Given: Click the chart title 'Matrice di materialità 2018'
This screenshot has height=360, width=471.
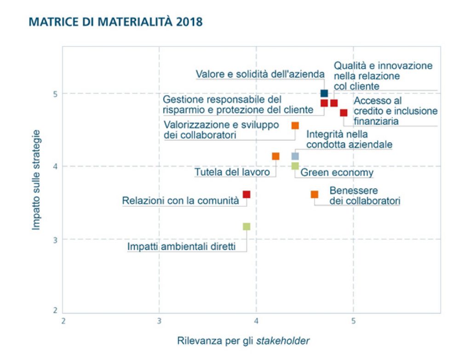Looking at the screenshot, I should pyautogui.click(x=115, y=22).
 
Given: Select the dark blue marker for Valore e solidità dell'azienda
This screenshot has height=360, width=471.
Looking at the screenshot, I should pyautogui.click(x=324, y=93).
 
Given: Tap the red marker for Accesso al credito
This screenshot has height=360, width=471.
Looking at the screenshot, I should pyautogui.click(x=344, y=113).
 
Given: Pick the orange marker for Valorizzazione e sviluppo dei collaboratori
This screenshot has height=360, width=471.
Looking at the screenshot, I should pyautogui.click(x=295, y=125).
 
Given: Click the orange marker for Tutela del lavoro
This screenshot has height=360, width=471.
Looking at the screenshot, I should pyautogui.click(x=276, y=156).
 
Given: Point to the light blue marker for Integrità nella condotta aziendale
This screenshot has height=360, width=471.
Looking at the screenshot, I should pyautogui.click(x=295, y=156).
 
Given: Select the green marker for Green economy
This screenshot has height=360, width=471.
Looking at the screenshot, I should pyautogui.click(x=295, y=166).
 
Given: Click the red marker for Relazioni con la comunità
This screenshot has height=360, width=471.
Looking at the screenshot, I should pyautogui.click(x=247, y=194).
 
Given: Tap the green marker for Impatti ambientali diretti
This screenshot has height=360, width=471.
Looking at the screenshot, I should pyautogui.click(x=247, y=226).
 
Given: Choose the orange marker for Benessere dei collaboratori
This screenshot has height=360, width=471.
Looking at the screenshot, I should pyautogui.click(x=315, y=194).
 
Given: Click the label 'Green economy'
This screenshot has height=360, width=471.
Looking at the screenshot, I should pyautogui.click(x=337, y=173).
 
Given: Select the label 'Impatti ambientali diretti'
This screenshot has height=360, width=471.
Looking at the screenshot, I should pyautogui.click(x=181, y=247).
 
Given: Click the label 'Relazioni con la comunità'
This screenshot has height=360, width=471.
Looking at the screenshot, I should pyautogui.click(x=180, y=201).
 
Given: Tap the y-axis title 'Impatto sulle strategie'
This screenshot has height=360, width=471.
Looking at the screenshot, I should pyautogui.click(x=36, y=180).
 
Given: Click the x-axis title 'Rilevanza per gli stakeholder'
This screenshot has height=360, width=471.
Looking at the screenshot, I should pyautogui.click(x=243, y=341).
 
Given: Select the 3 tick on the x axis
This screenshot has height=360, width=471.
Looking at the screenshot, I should pyautogui.click(x=159, y=320).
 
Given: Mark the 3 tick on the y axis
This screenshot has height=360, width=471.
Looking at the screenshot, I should pyautogui.click(x=55, y=239).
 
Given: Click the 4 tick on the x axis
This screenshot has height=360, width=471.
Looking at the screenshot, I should pyautogui.click(x=256, y=320).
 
